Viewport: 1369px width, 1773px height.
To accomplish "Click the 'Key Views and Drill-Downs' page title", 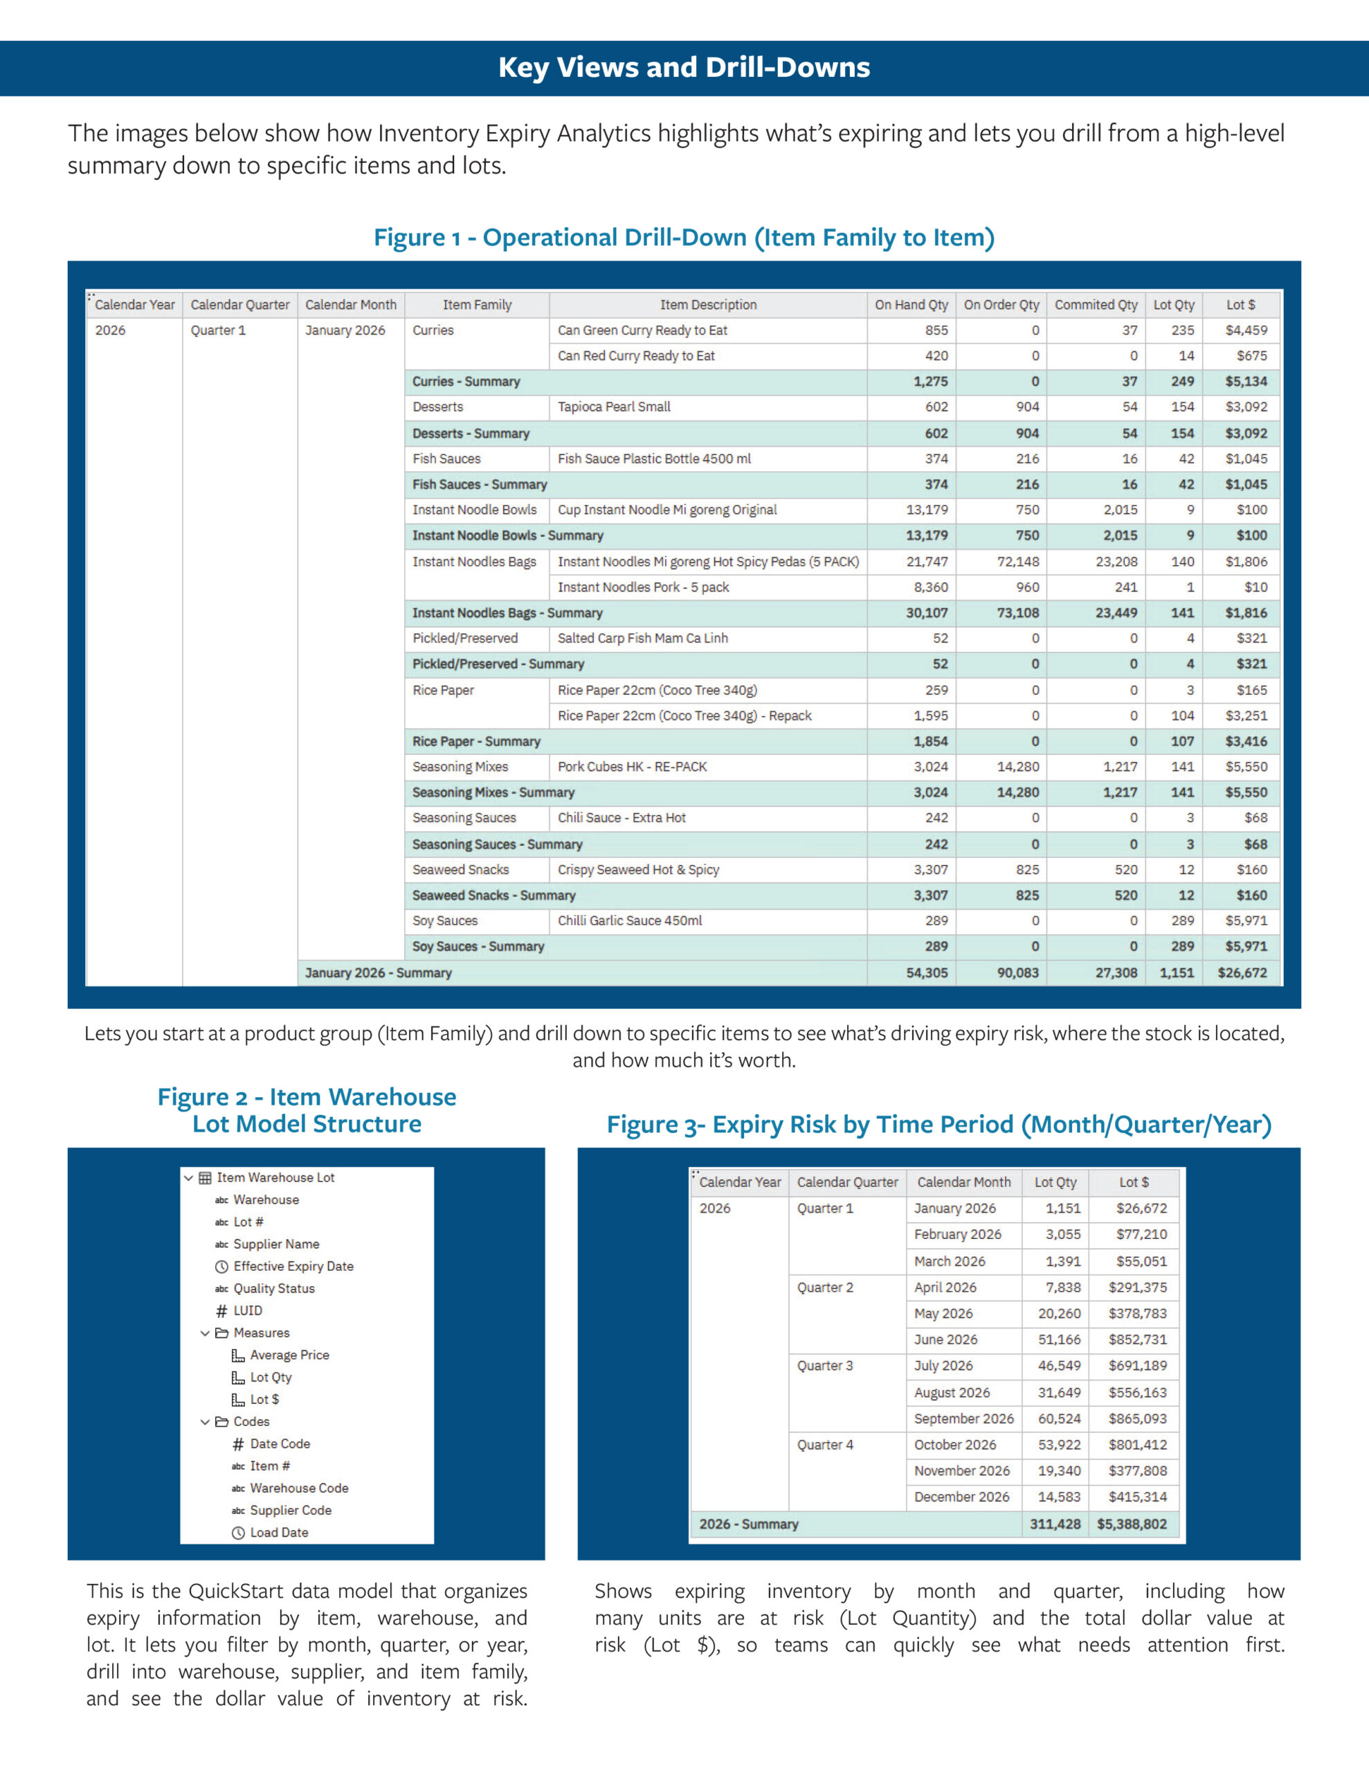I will [x=684, y=67].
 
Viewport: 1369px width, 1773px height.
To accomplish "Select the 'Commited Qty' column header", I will [x=1096, y=305].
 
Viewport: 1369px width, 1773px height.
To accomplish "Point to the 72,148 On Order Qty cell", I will [x=1017, y=562].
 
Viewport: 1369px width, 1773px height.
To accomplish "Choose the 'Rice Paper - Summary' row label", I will [x=476, y=741].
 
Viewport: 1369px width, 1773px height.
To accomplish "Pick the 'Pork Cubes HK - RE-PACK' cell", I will [x=632, y=767].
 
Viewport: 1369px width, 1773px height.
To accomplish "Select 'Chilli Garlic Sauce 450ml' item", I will [x=630, y=920].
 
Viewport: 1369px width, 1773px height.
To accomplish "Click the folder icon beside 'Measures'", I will [x=221, y=1333].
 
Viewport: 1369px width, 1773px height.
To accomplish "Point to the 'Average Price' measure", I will [x=290, y=1355].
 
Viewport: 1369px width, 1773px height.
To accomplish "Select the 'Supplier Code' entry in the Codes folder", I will [x=291, y=1510].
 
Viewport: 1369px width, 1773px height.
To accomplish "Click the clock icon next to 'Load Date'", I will [x=238, y=1533].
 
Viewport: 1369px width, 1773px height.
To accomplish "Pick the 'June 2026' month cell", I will [x=945, y=1339].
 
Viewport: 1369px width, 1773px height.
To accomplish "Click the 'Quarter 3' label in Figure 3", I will [x=824, y=1366].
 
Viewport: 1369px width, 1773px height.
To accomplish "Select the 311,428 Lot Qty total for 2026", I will [x=1055, y=1524].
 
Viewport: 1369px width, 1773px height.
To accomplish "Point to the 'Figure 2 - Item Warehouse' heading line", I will [x=307, y=1097].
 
